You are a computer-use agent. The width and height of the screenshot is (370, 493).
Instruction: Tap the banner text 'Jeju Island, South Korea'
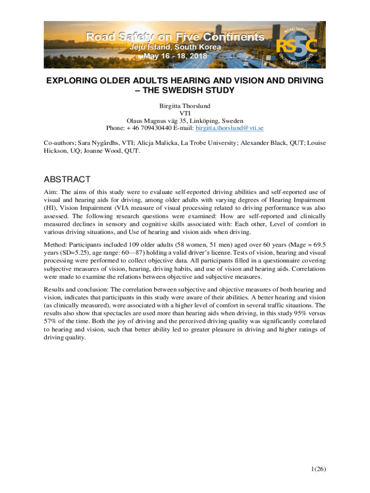[x=177, y=47]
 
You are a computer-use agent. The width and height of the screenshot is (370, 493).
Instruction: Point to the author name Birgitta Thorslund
[x=185, y=105]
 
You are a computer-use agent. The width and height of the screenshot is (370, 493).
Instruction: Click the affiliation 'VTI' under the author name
[x=185, y=113]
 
